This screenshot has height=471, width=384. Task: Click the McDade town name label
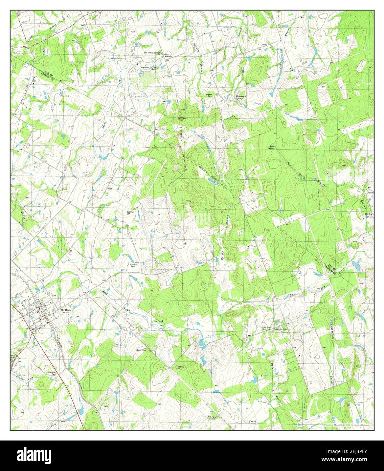click(65, 310)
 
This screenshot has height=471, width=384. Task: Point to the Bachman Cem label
click(131, 213)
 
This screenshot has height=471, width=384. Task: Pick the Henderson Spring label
click(242, 97)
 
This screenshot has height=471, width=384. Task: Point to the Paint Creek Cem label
click(267, 327)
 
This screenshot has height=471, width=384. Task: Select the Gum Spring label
click(271, 147)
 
